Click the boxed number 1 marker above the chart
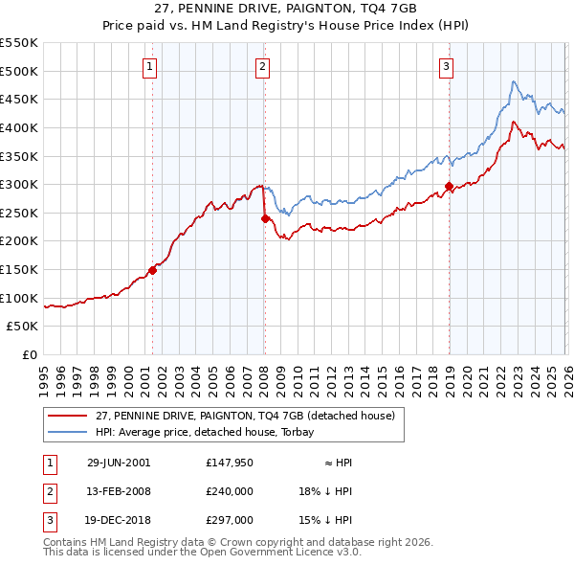(x=151, y=66)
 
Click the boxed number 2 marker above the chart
(x=262, y=66)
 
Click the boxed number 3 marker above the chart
(x=447, y=66)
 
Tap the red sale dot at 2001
(x=152, y=270)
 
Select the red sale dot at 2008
(x=265, y=218)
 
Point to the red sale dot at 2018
(x=449, y=186)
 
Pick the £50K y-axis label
(x=22, y=327)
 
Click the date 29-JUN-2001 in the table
(x=118, y=463)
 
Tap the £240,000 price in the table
(x=230, y=491)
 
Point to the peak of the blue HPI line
(x=514, y=81)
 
